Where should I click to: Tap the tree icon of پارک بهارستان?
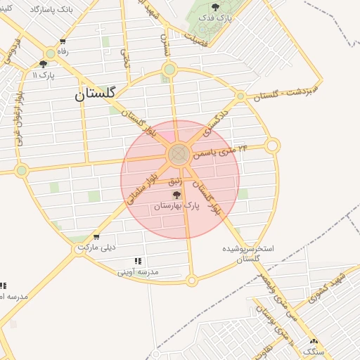tap(176, 194)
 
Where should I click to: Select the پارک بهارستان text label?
tap(176, 206)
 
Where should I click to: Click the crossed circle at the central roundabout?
tap(178, 153)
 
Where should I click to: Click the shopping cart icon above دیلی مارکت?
tap(96, 237)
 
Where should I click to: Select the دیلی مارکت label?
tap(96, 247)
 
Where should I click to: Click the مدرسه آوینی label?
tap(138, 271)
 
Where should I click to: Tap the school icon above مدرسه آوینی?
tap(138, 261)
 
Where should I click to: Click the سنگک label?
tap(310, 351)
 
